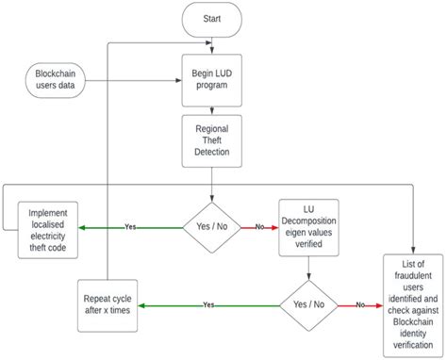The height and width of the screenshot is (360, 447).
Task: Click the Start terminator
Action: click(x=213, y=19)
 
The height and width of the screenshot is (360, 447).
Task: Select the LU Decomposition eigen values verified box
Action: click(x=308, y=226)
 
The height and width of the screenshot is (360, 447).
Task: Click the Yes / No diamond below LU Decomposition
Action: click(x=308, y=304)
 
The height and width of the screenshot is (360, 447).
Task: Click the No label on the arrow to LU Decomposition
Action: click(x=258, y=227)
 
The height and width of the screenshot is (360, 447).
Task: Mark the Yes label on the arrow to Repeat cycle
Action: click(x=208, y=305)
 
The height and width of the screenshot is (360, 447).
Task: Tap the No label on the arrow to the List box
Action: click(x=360, y=305)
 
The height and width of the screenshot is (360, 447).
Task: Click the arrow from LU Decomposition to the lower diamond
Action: click(x=308, y=264)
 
